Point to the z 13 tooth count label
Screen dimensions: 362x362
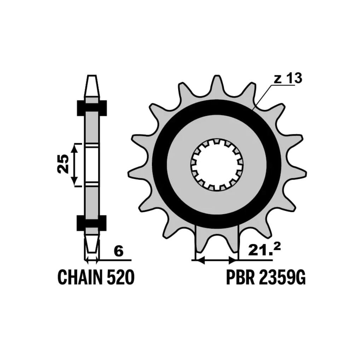[x=288, y=78]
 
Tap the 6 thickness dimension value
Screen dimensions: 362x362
[x=119, y=252]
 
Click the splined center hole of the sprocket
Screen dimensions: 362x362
[x=217, y=164]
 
